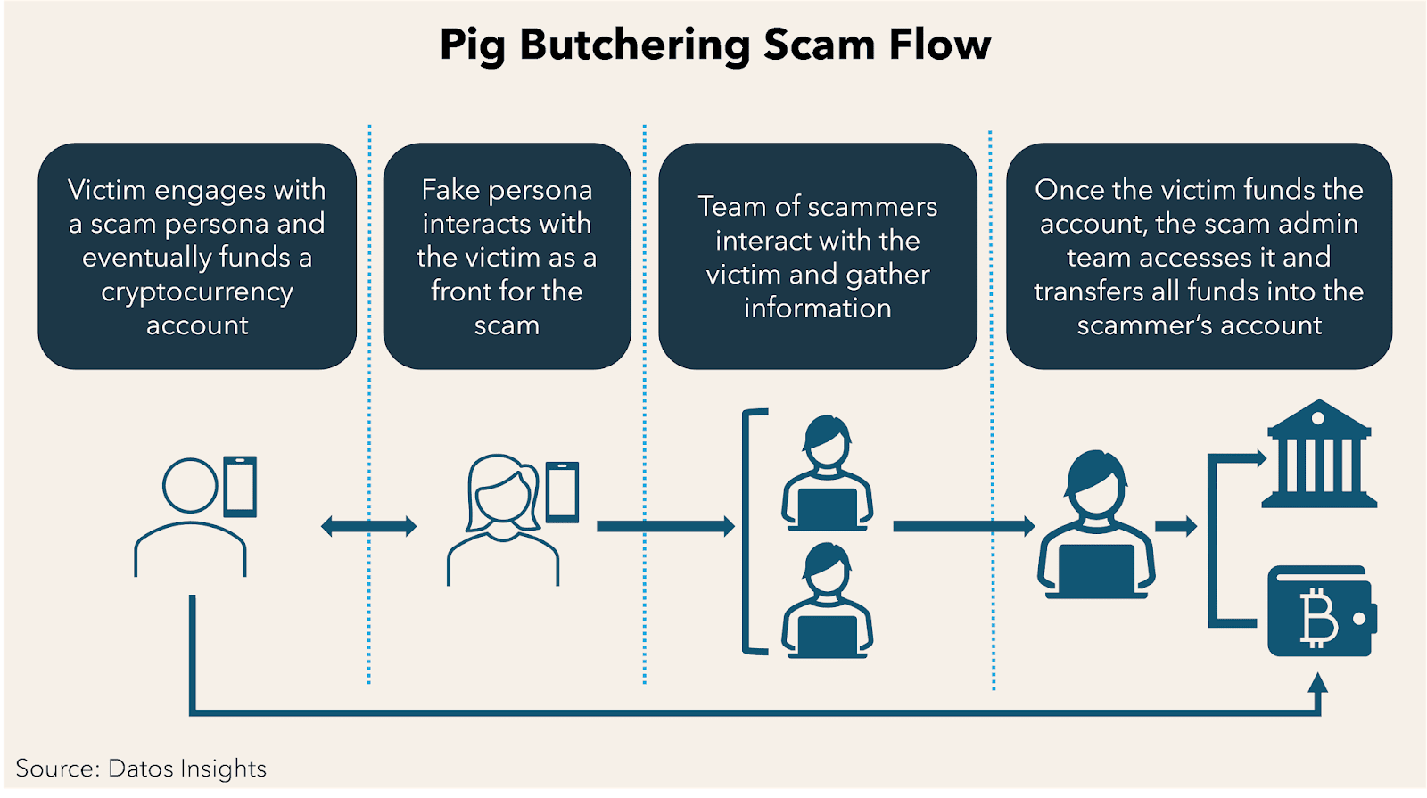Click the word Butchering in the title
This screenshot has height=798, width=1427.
click(634, 45)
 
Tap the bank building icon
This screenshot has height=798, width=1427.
click(1318, 456)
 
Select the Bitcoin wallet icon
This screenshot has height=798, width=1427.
click(1321, 612)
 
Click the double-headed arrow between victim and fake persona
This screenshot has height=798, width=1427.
click(368, 526)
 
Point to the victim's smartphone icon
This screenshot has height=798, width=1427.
click(240, 487)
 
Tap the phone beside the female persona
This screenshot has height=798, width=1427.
click(562, 491)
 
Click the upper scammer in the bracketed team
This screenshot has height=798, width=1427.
click(827, 473)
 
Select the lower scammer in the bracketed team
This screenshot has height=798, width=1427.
click(827, 602)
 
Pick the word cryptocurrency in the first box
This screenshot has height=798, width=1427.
click(197, 292)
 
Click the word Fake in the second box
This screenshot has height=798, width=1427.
click(450, 190)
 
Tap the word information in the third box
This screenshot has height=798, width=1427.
click(817, 309)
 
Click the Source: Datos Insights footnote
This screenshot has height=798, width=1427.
click(141, 769)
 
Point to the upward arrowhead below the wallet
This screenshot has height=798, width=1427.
click(1317, 685)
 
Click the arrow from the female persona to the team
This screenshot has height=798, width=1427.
click(665, 526)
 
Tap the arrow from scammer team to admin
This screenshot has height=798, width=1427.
click(963, 526)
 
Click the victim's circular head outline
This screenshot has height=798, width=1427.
click(190, 486)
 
